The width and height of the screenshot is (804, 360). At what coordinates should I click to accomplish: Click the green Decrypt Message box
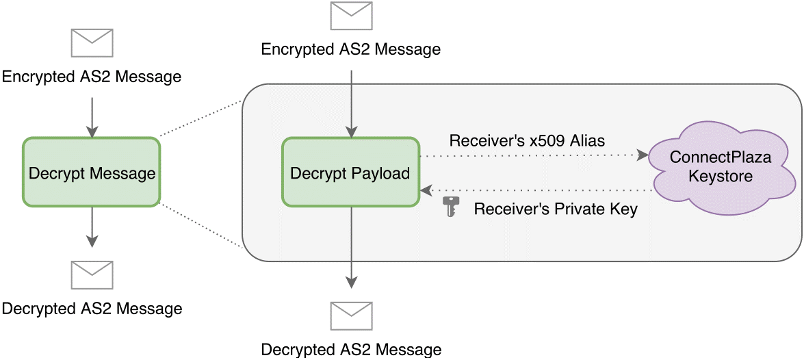pos(91,172)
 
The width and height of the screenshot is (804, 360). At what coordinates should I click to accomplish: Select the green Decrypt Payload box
pos(350,172)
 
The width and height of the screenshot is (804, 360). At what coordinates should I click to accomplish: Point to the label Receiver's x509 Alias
pos(527,142)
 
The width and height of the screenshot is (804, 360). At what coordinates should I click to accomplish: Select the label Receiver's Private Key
pos(555,209)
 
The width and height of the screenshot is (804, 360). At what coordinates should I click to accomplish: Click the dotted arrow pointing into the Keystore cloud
pos(534,156)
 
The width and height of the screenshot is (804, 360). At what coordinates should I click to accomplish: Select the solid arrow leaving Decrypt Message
pos(92,226)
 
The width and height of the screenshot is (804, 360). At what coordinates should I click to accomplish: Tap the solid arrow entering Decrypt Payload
pos(351,103)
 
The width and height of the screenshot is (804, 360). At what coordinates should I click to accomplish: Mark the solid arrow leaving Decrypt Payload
pos(351,246)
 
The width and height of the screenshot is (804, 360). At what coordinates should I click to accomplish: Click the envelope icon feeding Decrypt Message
pos(92,42)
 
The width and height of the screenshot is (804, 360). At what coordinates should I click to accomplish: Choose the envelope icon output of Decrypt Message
pos(92,275)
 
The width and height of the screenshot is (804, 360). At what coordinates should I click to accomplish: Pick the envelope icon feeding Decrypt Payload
pos(351,16)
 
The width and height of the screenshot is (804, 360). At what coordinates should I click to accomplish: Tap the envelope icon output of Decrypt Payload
pos(351,316)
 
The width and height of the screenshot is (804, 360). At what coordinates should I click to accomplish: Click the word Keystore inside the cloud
pos(720,177)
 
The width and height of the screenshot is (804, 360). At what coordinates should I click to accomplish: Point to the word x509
pos(554,142)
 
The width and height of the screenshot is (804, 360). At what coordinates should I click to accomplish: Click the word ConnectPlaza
pos(720,157)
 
